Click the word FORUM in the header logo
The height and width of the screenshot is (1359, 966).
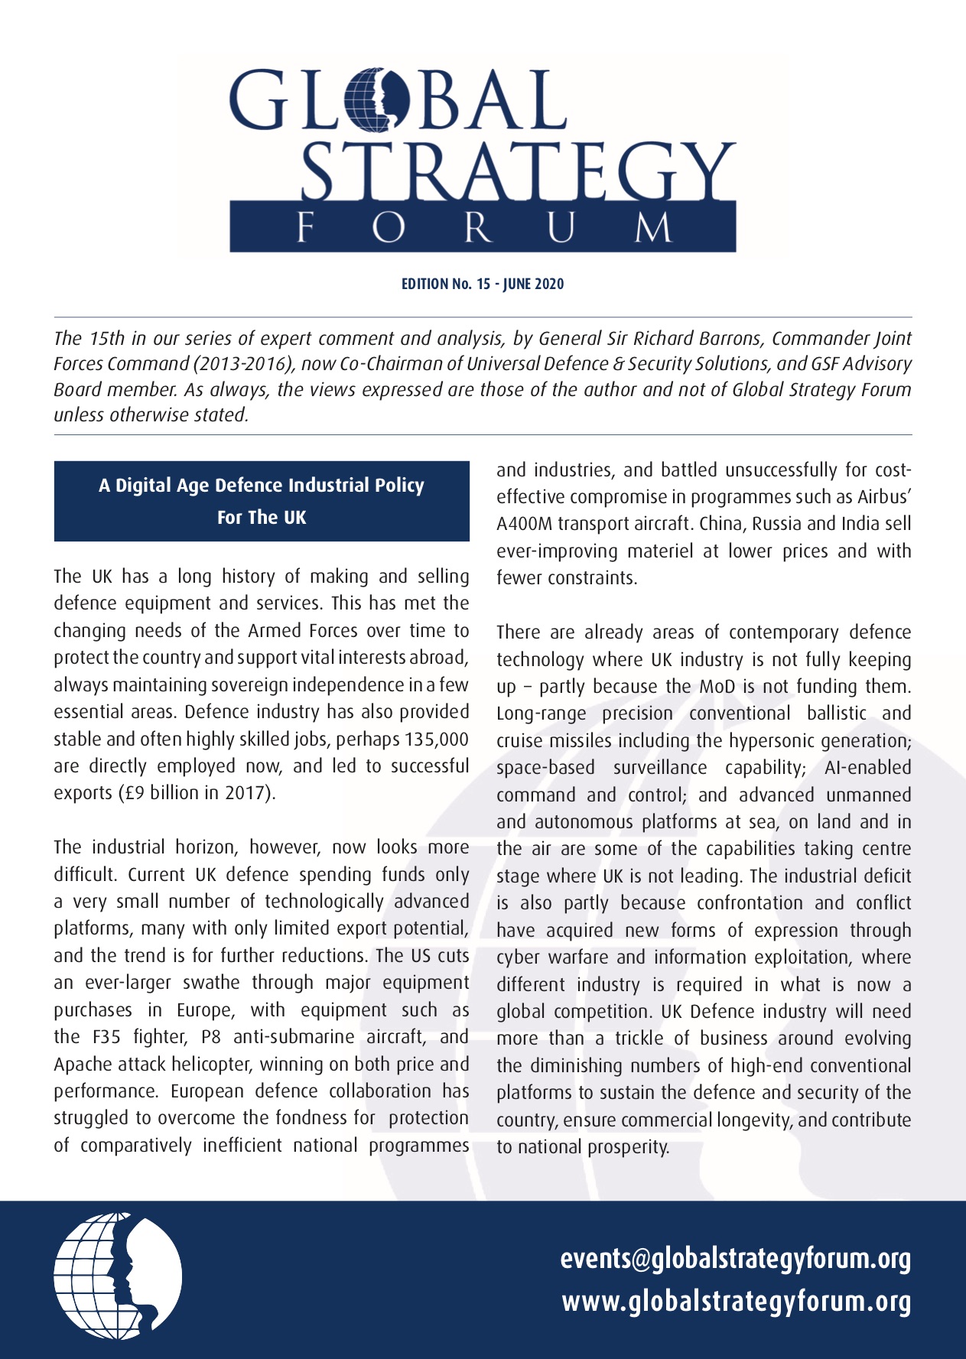click(x=483, y=228)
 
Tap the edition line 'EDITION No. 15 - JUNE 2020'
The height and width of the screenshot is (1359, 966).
click(x=483, y=284)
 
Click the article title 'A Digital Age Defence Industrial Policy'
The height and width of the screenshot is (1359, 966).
click(x=262, y=486)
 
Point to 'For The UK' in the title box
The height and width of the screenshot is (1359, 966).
click(x=262, y=518)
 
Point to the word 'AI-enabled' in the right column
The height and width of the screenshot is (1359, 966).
click(x=867, y=768)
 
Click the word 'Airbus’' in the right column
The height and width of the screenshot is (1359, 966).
click(x=883, y=497)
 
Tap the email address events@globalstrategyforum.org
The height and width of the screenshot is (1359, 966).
click(x=735, y=1259)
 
